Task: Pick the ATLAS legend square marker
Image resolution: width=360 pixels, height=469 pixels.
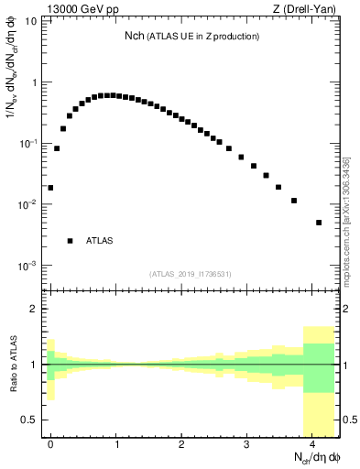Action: (x=70, y=241)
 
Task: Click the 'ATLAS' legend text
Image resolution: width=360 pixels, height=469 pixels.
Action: (x=100, y=241)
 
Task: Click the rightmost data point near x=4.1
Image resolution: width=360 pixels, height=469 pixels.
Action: (x=319, y=223)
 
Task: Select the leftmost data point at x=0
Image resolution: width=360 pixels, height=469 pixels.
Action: (x=50, y=188)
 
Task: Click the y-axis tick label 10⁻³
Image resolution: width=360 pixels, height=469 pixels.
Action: (x=27, y=265)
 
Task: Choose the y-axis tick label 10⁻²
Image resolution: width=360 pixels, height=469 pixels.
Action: (x=27, y=204)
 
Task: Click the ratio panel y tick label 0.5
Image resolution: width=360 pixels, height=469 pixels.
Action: (x=29, y=420)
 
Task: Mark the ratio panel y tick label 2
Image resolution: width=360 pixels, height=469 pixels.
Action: (x=33, y=309)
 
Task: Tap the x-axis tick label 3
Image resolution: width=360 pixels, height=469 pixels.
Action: (x=246, y=443)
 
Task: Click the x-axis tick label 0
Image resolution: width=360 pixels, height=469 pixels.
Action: (x=50, y=443)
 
